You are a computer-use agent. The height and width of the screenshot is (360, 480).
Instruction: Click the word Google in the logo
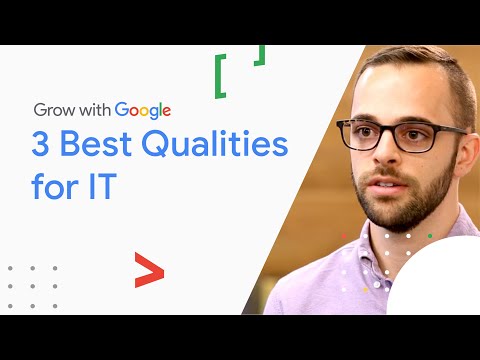(143, 110)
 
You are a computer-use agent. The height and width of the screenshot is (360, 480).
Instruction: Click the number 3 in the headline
(45, 144)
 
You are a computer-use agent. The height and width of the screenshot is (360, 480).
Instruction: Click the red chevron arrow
(149, 270)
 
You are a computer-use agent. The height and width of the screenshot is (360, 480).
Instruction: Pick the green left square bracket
(219, 77)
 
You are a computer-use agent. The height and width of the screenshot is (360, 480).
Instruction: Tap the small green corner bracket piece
(260, 55)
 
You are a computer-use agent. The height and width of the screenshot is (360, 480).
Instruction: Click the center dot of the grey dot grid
(32, 287)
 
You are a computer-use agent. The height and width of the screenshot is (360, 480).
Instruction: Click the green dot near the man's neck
(430, 236)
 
